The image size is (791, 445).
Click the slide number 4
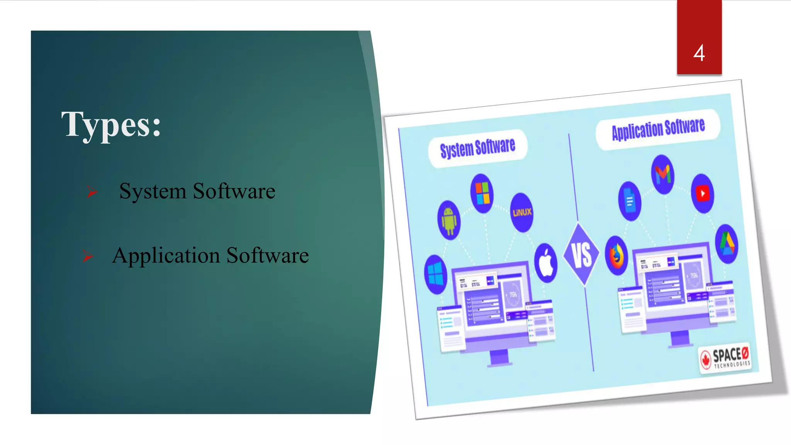pyautogui.click(x=699, y=53)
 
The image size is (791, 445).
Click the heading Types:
pyautogui.click(x=111, y=125)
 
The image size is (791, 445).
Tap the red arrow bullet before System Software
pyautogui.click(x=92, y=191)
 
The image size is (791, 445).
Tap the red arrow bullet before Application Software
pyautogui.click(x=88, y=256)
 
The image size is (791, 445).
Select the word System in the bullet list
pyautogui.click(x=153, y=191)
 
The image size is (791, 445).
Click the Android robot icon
pyautogui.click(x=449, y=220)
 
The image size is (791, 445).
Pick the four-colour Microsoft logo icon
pyautogui.click(x=482, y=193)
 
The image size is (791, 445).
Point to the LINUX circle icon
pyautogui.click(x=522, y=212)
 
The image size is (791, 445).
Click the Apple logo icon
pyautogui.click(x=546, y=263)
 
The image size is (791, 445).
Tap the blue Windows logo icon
pyautogui.click(x=436, y=274)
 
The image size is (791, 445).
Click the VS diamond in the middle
pyautogui.click(x=581, y=255)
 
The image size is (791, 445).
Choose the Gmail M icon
pyautogui.click(x=663, y=174)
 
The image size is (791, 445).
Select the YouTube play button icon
pyautogui.click(x=703, y=194)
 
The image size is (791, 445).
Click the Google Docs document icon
pyautogui.click(x=630, y=201)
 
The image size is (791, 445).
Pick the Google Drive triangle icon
pyautogui.click(x=726, y=244)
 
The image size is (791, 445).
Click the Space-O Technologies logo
pyautogui.click(x=725, y=357)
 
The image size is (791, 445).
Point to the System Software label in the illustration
pyautogui.click(x=478, y=148)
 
